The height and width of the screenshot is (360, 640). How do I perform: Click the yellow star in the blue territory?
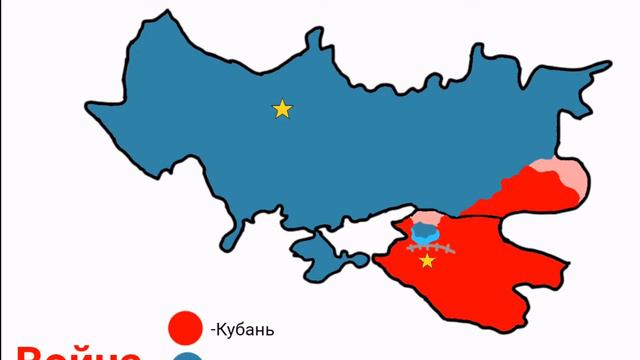tap(282, 108)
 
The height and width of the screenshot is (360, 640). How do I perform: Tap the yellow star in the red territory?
tap(428, 261)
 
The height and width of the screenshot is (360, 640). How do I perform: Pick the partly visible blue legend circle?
tap(187, 356)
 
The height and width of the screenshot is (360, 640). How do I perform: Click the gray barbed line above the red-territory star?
tap(431, 246)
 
